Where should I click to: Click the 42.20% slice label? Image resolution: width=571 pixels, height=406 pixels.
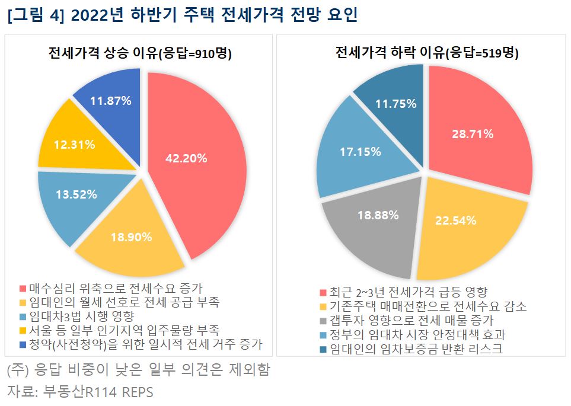click(186, 158)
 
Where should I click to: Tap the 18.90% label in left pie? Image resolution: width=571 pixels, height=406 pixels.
click(131, 237)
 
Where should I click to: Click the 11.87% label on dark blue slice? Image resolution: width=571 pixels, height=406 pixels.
click(110, 101)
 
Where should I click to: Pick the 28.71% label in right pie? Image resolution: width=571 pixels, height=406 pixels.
click(472, 134)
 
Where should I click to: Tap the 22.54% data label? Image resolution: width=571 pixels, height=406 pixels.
click(455, 221)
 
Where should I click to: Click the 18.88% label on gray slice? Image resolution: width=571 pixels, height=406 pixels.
click(377, 216)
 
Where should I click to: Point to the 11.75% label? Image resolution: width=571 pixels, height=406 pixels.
click(395, 103)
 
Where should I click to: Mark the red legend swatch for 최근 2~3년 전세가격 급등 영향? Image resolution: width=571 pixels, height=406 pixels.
click(323, 293)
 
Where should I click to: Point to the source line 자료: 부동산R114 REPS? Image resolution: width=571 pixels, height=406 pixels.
click(80, 392)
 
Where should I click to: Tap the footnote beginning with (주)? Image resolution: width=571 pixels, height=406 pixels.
click(138, 370)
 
